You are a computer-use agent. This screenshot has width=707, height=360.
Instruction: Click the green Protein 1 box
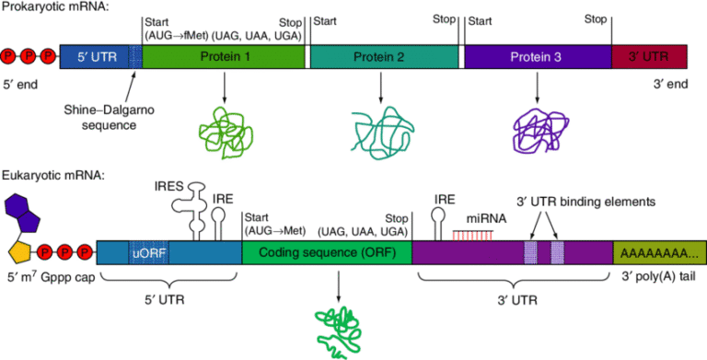pos(225,57)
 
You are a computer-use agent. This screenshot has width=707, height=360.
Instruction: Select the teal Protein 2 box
pos(384,57)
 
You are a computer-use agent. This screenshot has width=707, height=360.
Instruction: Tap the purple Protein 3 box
pos(537,57)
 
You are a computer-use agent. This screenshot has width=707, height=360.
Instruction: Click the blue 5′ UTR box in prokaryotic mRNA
pos(92,57)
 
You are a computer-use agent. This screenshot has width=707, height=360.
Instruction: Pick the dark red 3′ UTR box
pos(647,57)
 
